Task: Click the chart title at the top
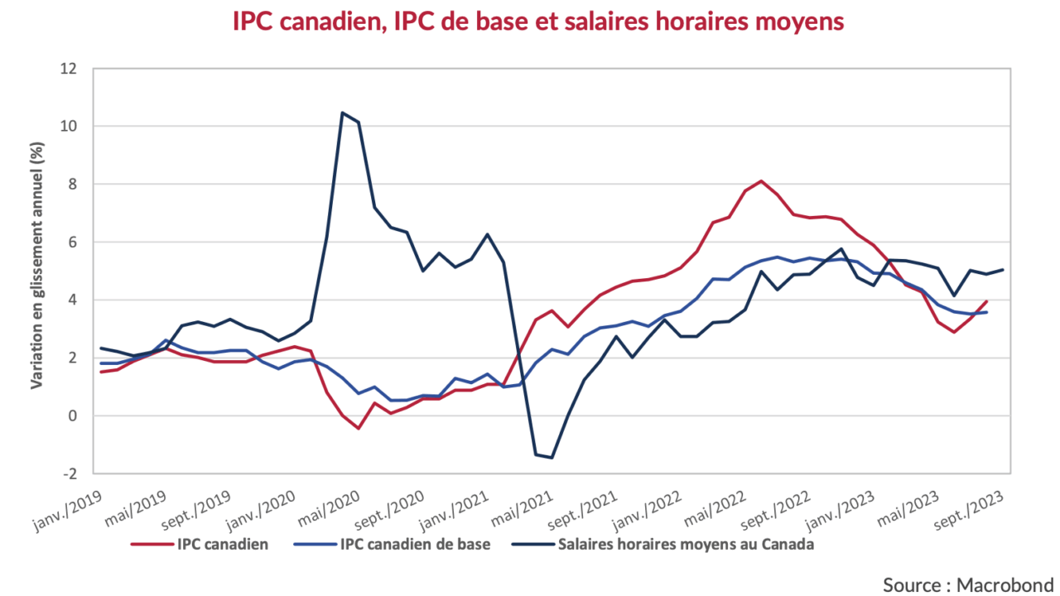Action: [538, 22]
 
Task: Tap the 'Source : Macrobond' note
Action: [967, 584]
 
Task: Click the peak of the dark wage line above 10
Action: [342, 113]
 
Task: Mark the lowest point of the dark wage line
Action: [552, 458]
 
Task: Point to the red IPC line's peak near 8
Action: [761, 180]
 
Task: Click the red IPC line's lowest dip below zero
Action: [359, 428]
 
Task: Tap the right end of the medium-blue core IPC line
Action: [985, 312]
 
